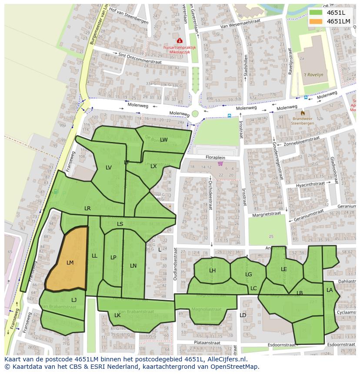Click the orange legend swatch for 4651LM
coord(316,21)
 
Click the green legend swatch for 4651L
coord(316,13)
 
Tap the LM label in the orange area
coord(70,263)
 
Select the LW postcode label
coord(163,140)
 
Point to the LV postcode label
coord(109,168)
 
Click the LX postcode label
coord(153,166)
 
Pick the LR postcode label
coord(87,209)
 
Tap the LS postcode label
coord(120,224)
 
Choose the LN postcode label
coord(133,266)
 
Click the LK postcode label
coord(117,315)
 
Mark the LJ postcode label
coord(74,300)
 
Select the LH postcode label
coord(212,271)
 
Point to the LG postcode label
coord(248,275)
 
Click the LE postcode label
coord(284,269)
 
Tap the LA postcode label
coord(330,290)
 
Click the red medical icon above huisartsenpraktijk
coord(180,41)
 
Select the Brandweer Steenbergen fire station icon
coord(303,113)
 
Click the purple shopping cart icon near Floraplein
coord(220,164)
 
